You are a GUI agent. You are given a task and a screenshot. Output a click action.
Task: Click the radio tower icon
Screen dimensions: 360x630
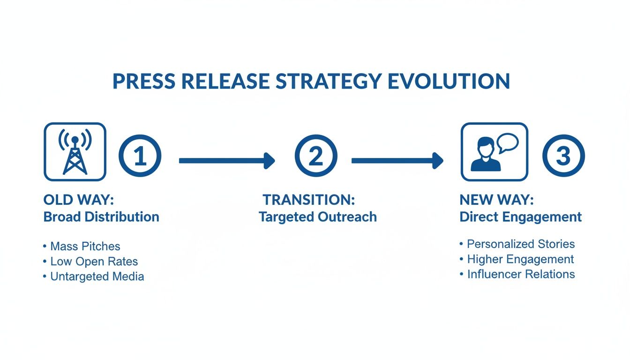[75, 152]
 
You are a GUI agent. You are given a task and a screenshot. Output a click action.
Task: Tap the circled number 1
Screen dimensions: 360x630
[140, 156]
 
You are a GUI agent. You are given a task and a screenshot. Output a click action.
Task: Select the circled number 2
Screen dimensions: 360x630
[315, 156]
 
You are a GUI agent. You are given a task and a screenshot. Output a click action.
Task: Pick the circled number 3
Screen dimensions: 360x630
[563, 156]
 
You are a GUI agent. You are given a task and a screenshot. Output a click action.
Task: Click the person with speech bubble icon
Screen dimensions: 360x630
[494, 152]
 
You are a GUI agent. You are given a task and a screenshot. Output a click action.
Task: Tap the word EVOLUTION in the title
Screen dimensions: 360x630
[449, 81]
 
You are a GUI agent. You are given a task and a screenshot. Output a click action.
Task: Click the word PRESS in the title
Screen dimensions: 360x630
[143, 81]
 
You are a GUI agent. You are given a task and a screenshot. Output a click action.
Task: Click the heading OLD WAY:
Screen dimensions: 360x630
[78, 200]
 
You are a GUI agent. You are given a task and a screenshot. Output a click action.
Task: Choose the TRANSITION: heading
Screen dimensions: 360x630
[308, 200]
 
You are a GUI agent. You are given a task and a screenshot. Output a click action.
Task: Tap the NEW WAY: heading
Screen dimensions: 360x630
[496, 200]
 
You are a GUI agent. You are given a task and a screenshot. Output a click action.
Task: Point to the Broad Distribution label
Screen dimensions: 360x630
[101, 217]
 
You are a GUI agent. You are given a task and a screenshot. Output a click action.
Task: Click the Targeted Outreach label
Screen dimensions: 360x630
[318, 217]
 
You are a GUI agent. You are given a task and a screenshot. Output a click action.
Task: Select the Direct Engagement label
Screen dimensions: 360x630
[521, 217]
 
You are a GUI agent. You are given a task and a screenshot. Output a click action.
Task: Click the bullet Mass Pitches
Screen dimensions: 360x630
[85, 246]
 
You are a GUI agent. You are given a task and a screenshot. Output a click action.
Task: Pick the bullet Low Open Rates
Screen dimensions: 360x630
[94, 261]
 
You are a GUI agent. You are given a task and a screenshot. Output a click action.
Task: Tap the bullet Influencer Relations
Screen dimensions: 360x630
[521, 274]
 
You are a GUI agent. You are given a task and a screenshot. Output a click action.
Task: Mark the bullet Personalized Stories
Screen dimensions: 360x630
[521, 244]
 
